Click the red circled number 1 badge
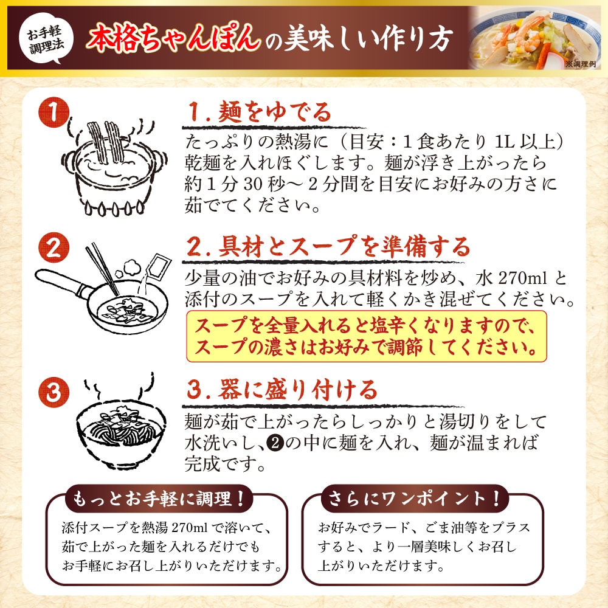(x=54, y=112)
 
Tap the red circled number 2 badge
(x=54, y=248)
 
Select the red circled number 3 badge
(x=54, y=392)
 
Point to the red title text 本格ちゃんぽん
(x=173, y=38)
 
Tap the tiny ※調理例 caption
(x=580, y=64)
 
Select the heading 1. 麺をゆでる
(x=260, y=112)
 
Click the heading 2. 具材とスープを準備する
(x=328, y=247)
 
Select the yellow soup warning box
(x=367, y=336)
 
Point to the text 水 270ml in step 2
(x=511, y=278)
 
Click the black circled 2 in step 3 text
(x=275, y=443)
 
